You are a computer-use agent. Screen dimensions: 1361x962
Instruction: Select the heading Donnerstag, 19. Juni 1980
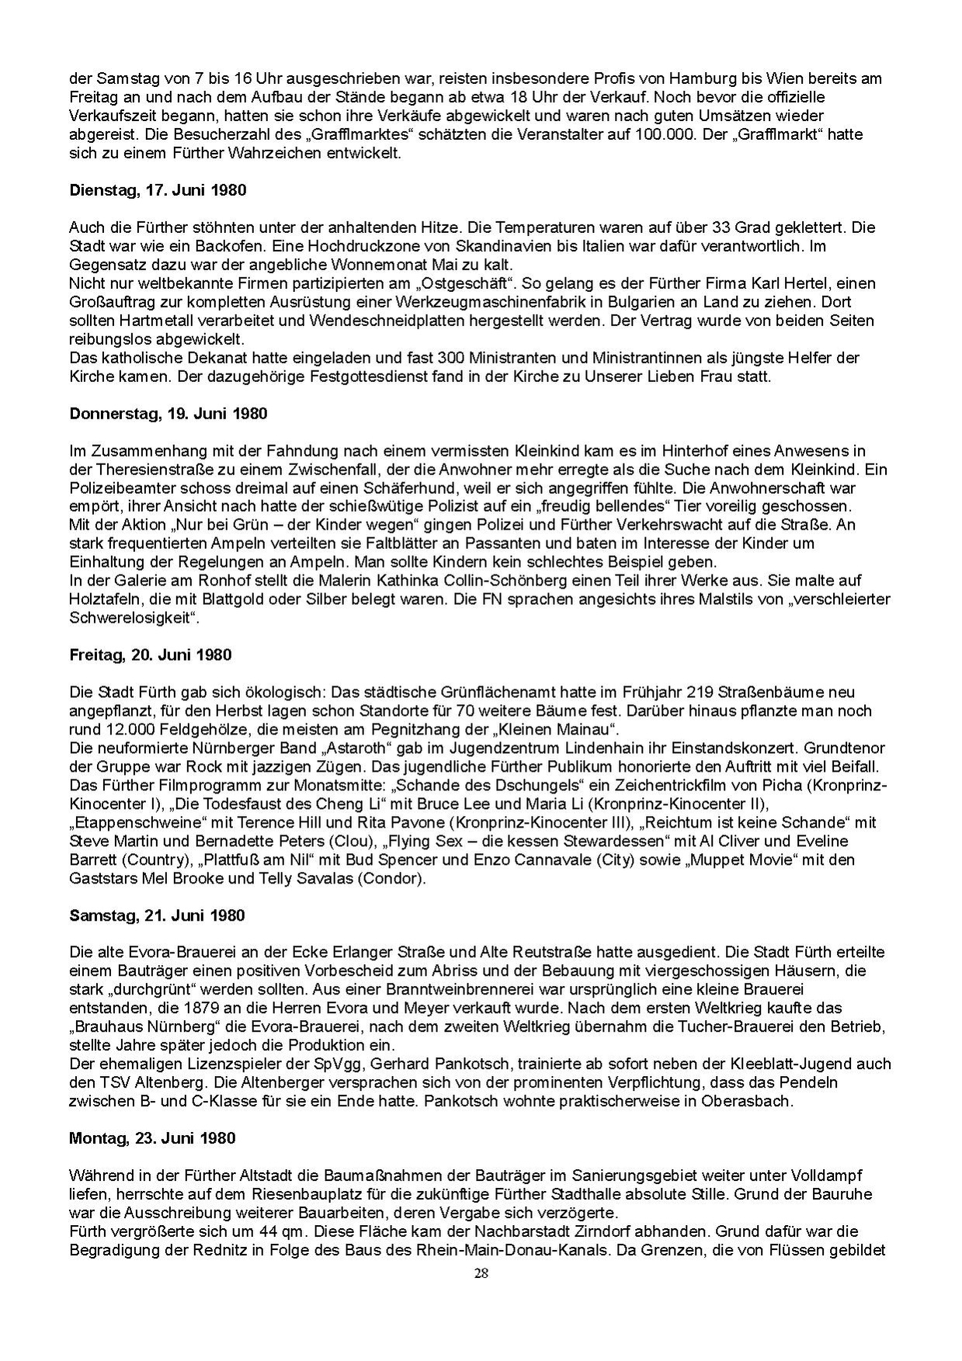[x=168, y=414]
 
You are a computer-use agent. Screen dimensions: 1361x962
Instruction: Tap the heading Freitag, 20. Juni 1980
[x=151, y=655]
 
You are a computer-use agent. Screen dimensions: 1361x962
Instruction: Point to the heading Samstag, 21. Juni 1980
[x=157, y=915]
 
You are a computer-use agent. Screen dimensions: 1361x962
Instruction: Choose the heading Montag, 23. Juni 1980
[x=152, y=1139]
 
